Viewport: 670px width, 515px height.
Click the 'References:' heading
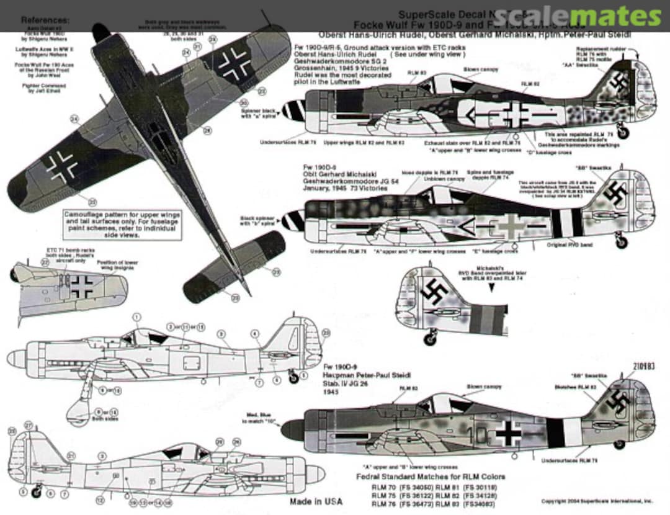tap(45, 20)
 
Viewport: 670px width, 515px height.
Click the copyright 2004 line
tap(596, 501)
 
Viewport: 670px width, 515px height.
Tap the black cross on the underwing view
tap(83, 286)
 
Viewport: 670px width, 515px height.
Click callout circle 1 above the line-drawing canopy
tap(136, 316)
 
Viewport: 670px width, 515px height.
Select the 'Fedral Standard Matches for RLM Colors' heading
tap(430, 477)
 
